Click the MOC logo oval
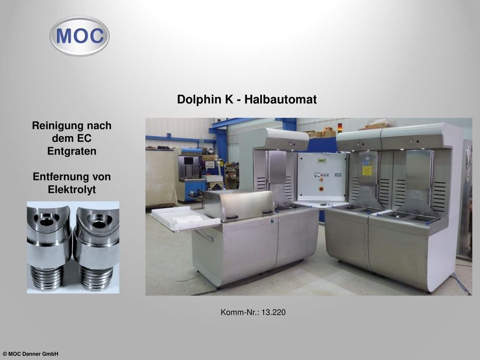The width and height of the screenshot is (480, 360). tap(79, 36)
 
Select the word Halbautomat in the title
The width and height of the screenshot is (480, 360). tap(281, 100)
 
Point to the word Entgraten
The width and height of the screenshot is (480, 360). tap(71, 151)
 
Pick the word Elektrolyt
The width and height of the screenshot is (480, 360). tap(71, 189)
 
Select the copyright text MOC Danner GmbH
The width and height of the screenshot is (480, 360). tap(33, 354)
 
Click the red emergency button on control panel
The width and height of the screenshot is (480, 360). tap(322, 189)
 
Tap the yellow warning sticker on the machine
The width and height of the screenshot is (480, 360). tap(367, 171)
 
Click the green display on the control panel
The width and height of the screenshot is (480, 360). tap(321, 161)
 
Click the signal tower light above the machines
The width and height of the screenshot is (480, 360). tap(339, 127)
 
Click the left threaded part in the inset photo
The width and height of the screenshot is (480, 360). tap(49, 247)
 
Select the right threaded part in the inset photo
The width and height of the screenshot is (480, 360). tap(97, 247)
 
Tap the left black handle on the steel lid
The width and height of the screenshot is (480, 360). tap(232, 218)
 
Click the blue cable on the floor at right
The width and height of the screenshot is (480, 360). tap(461, 284)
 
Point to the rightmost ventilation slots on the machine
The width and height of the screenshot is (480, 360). tap(439, 196)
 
